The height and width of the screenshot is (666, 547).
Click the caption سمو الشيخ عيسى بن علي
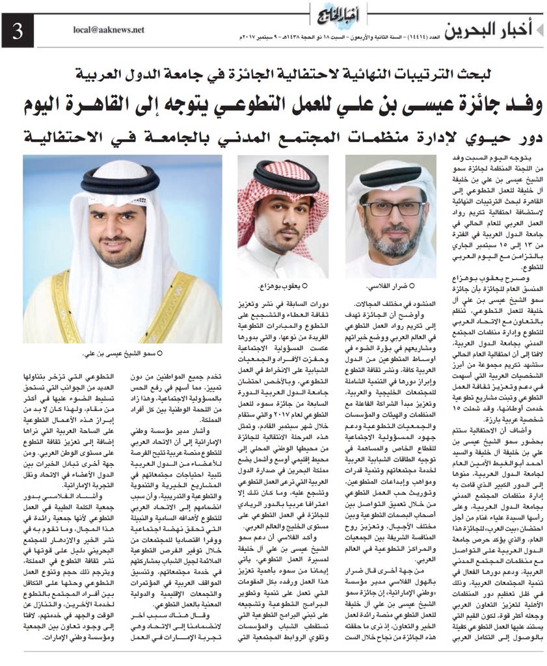(x=122, y=354)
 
